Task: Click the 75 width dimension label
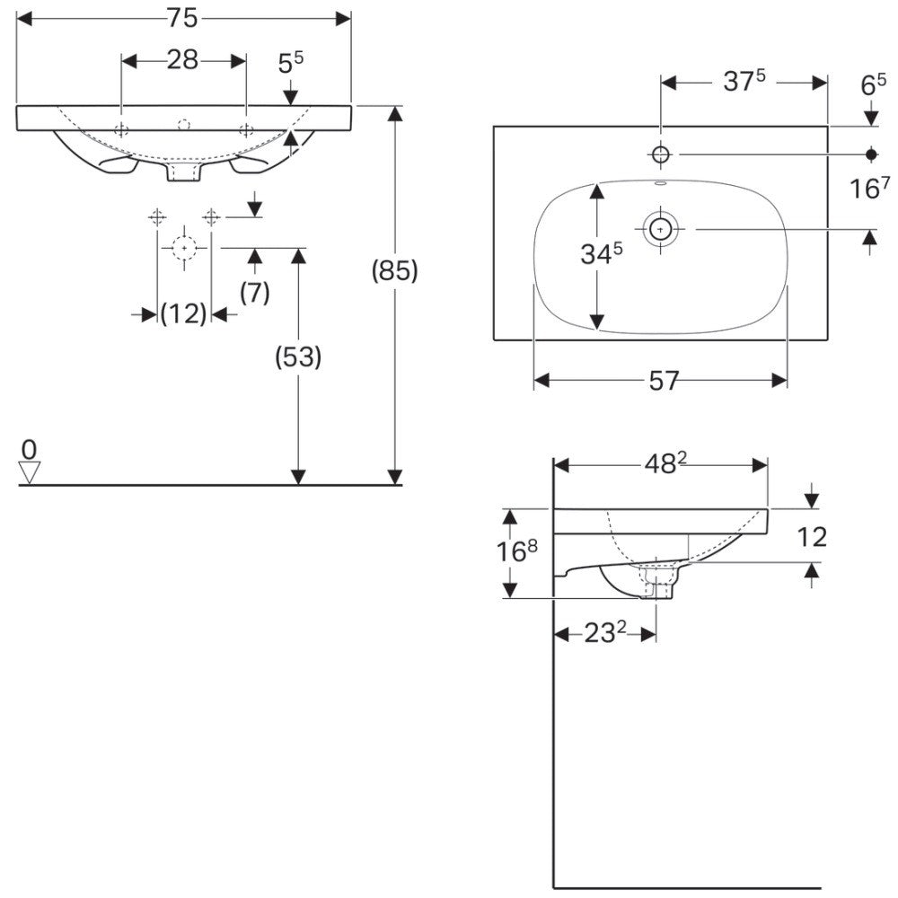pos(182,18)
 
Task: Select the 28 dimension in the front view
pos(182,59)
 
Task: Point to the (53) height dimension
pos(298,357)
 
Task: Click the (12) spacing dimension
pos(183,313)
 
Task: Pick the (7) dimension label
pos(255,293)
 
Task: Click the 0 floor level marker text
pos(29,450)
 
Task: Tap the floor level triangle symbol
pos(30,473)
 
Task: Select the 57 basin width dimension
pos(664,381)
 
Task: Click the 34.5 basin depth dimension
pos(602,254)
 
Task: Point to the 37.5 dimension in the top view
pos(744,81)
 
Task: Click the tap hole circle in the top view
pos(661,154)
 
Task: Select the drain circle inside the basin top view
pos(660,228)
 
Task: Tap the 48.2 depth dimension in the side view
pos(665,463)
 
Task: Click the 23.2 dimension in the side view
pos(605,633)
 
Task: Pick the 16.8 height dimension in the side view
pos(517,551)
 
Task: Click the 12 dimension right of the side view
pos(812,537)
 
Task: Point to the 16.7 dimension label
pos(870,188)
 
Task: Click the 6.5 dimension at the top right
pos(874,85)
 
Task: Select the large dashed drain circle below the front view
pos(184,248)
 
